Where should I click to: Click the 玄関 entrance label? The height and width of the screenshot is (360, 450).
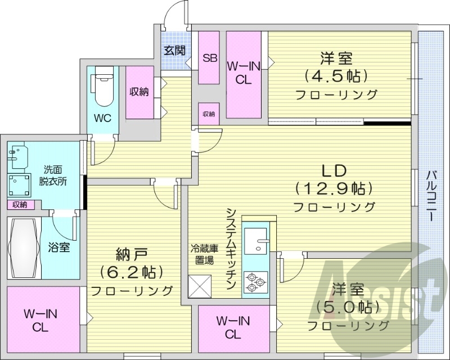point(174,50)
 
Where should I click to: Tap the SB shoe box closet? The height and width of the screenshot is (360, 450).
point(210,58)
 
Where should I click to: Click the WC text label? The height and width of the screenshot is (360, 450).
point(103,119)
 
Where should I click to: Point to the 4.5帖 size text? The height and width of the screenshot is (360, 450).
point(336,75)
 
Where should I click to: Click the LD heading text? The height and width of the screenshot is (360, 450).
point(333,170)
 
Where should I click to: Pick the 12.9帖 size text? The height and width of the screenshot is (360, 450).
point(334,188)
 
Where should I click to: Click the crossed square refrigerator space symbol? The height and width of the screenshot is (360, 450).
point(200,285)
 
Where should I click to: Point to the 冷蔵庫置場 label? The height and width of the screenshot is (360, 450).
point(200,254)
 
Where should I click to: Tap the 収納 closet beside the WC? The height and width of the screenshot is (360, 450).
point(139,92)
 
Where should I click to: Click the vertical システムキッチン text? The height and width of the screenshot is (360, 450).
point(231,247)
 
